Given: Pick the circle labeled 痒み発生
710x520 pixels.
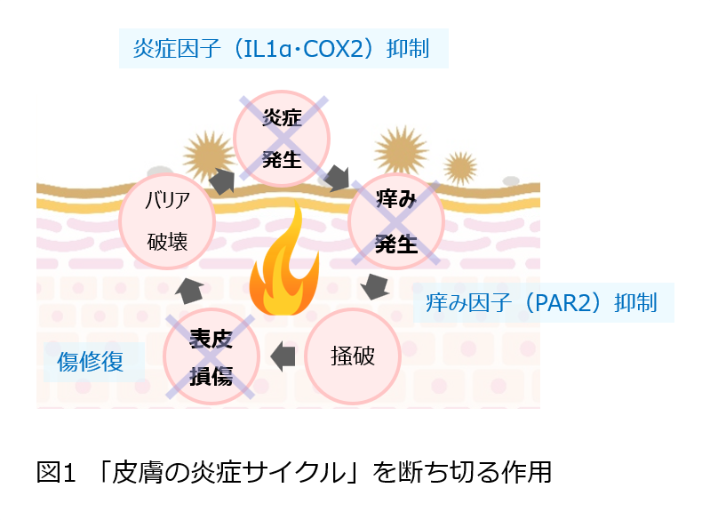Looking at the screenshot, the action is [395, 222].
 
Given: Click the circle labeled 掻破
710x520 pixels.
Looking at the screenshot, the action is [352, 356].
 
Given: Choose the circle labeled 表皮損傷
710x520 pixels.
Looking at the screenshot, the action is [211, 356].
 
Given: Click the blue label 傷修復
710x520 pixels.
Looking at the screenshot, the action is [89, 361].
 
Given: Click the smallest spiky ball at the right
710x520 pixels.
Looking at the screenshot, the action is [459, 165].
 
